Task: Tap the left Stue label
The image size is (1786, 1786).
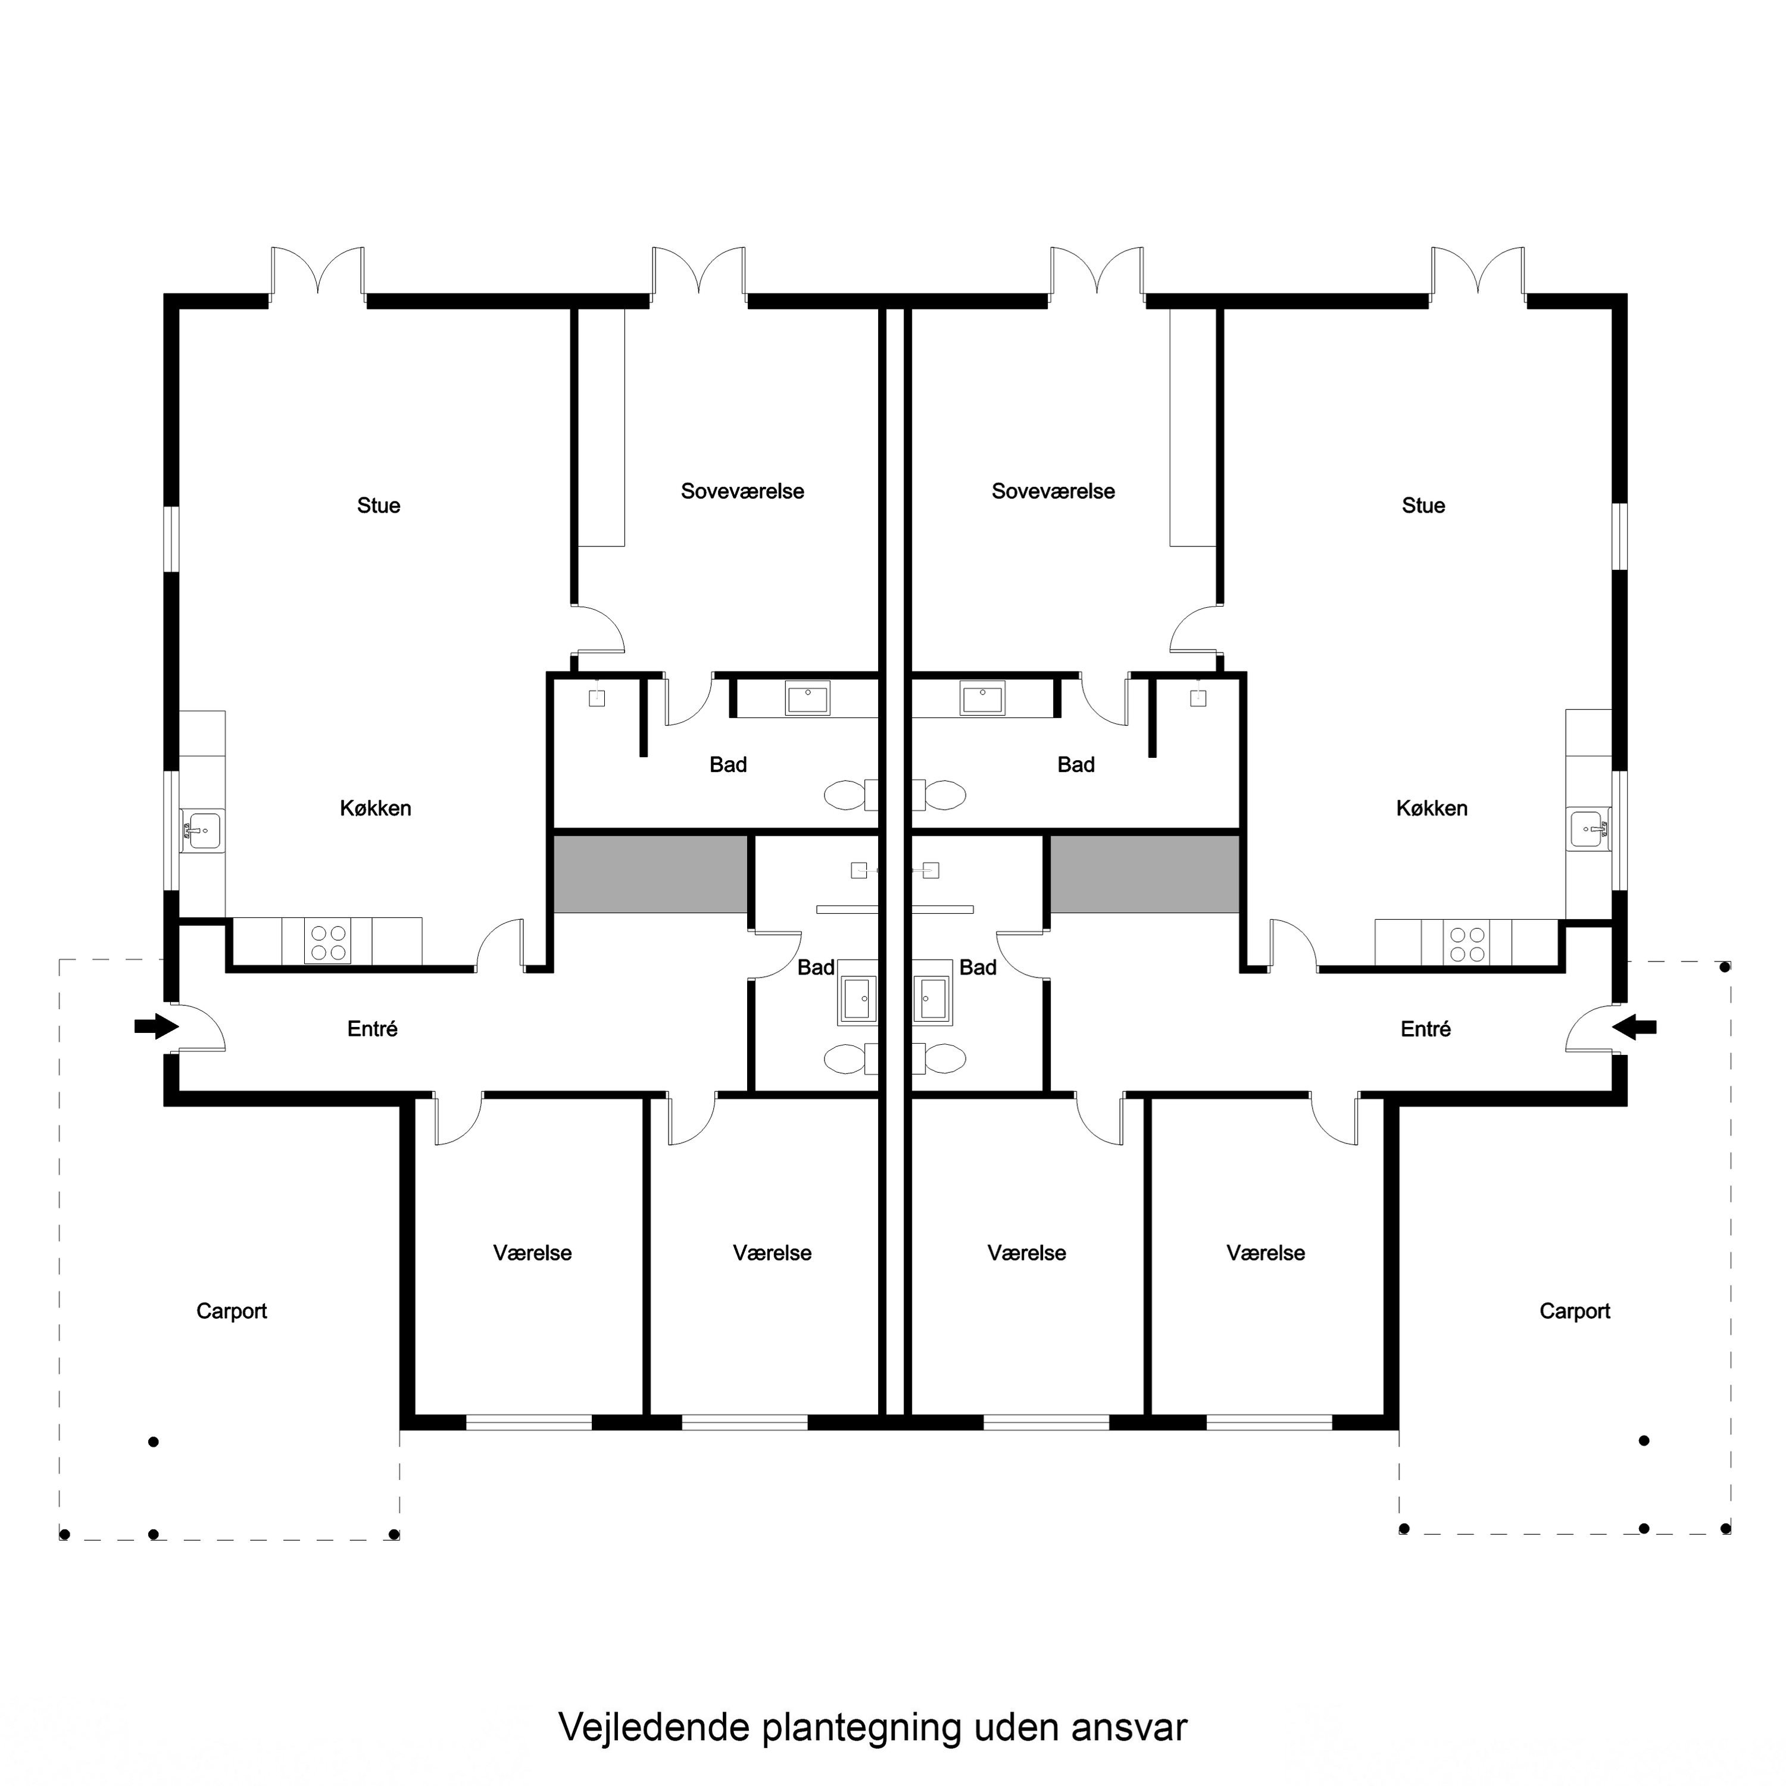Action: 378,505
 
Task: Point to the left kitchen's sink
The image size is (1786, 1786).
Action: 202,830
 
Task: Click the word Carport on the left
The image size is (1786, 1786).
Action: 231,1312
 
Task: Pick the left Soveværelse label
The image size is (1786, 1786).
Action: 742,492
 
